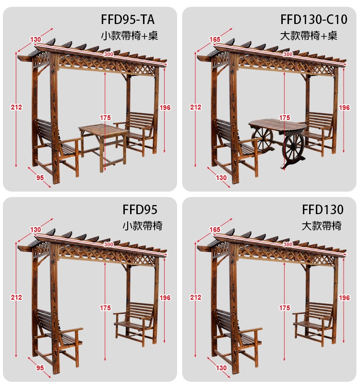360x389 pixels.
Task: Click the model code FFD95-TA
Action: pos(128,19)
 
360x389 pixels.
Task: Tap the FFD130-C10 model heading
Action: pos(313,19)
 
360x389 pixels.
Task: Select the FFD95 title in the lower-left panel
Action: pos(140,210)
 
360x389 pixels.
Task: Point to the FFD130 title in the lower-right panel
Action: pos(323,210)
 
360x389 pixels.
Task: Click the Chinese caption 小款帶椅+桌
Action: pos(130,36)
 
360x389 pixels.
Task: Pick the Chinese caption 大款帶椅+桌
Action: pos(309,36)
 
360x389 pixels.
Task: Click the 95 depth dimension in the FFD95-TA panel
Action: pos(40,178)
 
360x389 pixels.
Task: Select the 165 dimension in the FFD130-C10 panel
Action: pos(215,39)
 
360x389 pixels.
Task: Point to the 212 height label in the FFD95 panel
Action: pos(16,297)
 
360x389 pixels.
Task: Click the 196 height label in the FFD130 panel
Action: pos(344,298)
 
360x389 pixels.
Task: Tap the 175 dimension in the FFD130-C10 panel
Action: pos(284,118)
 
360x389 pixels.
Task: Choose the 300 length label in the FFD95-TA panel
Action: pos(108,54)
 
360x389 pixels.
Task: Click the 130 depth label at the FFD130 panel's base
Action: pos(221,368)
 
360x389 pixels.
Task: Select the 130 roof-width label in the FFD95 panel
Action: pos(36,230)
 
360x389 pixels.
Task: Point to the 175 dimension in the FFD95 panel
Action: pos(105,308)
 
